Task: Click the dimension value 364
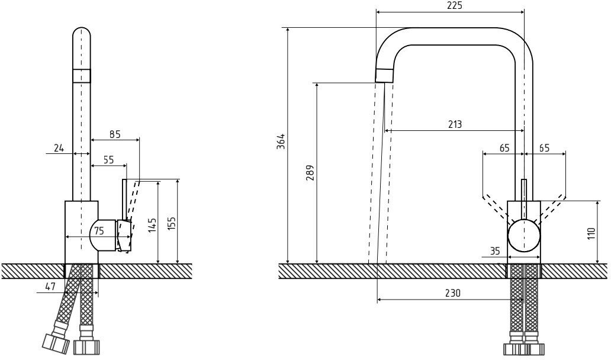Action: click(x=281, y=142)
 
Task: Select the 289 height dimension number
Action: click(x=310, y=172)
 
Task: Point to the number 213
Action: click(x=455, y=124)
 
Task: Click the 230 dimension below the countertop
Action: click(x=452, y=292)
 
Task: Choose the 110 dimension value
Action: click(x=590, y=232)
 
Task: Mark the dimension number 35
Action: click(x=496, y=251)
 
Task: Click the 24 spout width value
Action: click(x=59, y=148)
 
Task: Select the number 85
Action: click(x=115, y=134)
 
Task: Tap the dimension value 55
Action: click(x=109, y=159)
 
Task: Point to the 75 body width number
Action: click(x=99, y=230)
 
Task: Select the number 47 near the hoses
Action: click(x=50, y=287)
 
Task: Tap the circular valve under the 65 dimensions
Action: click(x=524, y=234)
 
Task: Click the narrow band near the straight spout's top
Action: click(x=82, y=75)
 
